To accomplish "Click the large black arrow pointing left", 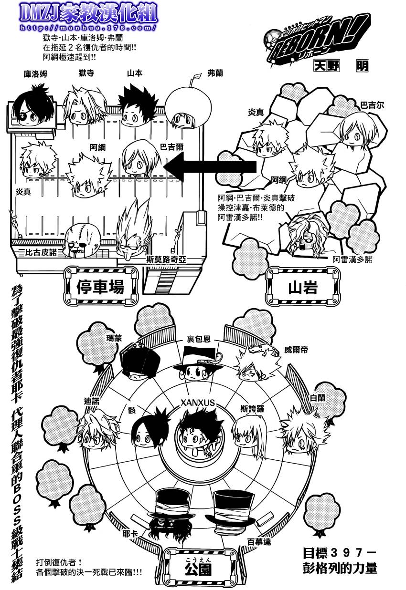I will tap(213, 168).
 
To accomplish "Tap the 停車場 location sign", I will tap(100, 286).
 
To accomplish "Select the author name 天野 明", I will tap(341, 66).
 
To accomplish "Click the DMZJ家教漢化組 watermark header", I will tap(89, 15).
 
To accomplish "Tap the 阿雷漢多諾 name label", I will tap(353, 259).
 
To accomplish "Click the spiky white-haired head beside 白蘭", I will tap(299, 433).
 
